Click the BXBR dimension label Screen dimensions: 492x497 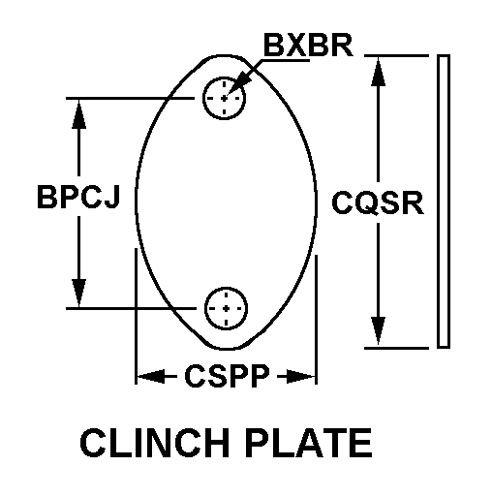point(308,46)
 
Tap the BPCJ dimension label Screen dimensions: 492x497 point(78,197)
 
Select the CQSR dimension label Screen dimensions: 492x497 point(378,202)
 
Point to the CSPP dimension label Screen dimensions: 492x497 point(227,376)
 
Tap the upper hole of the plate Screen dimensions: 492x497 point(224,98)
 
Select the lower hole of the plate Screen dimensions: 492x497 point(226,308)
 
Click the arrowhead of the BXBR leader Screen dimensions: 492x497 point(239,84)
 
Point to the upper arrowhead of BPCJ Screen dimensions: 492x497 point(79,113)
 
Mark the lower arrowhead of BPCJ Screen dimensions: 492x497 point(79,293)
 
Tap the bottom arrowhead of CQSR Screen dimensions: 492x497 point(378,332)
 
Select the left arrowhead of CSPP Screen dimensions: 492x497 point(151,376)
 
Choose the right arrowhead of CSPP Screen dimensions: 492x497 point(301,376)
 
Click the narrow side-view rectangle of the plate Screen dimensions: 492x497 point(444,202)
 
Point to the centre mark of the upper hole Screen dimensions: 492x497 point(224,98)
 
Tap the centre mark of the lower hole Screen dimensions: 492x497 point(226,308)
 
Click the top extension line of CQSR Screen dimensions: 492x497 point(396,56)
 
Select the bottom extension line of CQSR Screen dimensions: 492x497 point(396,348)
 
